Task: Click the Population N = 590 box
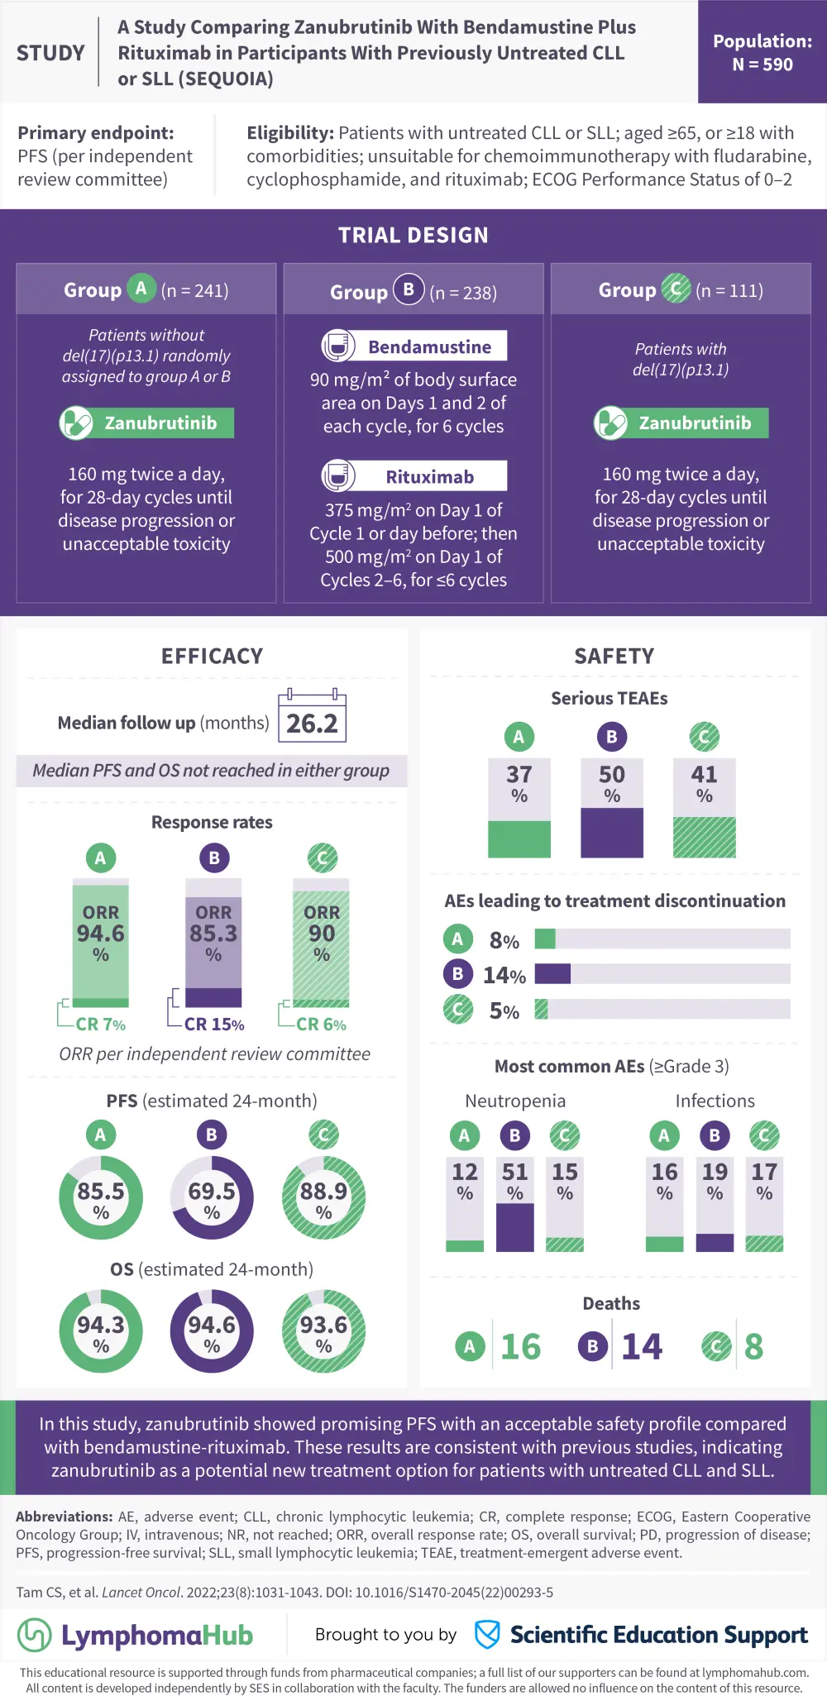pos(762,52)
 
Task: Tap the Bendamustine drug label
pos(429,346)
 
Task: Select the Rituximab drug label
pos(429,476)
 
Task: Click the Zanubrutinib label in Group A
pos(160,423)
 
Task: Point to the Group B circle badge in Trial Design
pos(409,289)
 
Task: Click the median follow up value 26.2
pos(312,724)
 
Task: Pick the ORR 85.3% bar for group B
pos(213,943)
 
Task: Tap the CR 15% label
pos(213,1025)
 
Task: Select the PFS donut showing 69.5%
pos(212,1197)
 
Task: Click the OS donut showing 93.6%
pos(323,1331)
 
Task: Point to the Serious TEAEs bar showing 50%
pos(612,808)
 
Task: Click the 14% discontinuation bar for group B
pos(552,974)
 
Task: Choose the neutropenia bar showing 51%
pos(514,1204)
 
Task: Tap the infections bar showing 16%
pos(664,1204)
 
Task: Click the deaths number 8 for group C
pos(753,1347)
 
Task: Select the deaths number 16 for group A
pos(520,1347)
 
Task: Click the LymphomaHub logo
pos(136,1635)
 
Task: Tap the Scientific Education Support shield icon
pos(487,1634)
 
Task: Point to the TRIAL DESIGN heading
pos(413,236)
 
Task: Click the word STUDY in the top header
pos(50,54)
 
